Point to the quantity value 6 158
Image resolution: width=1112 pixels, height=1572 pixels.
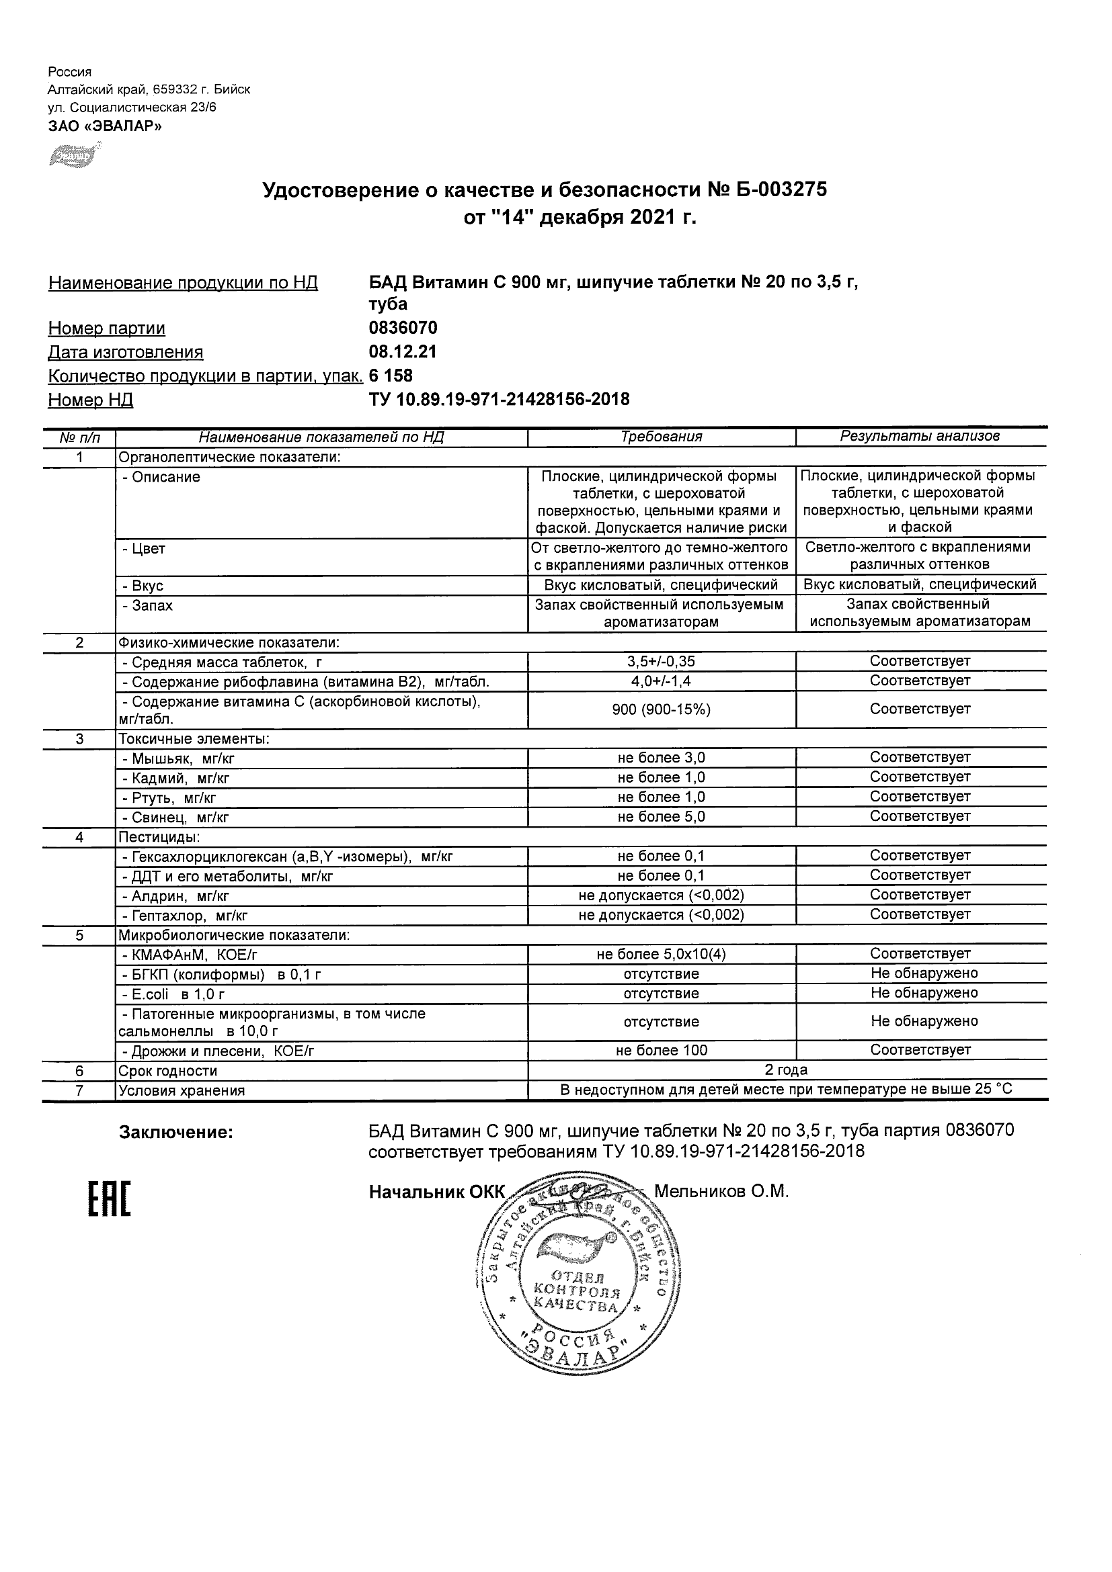[x=391, y=376]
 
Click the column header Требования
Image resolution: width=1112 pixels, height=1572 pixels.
[x=661, y=437]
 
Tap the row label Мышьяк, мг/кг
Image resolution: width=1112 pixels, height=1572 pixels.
[x=178, y=758]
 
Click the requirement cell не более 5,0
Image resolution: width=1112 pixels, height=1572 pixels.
[x=661, y=817]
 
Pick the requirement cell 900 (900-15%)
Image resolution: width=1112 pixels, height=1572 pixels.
[x=661, y=709]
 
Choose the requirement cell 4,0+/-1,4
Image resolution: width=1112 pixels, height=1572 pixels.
[x=661, y=681]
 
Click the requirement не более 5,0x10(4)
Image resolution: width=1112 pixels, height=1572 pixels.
[x=661, y=954]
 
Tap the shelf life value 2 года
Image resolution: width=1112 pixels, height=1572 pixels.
[x=786, y=1070]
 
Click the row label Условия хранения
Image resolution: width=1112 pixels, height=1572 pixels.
[x=182, y=1091]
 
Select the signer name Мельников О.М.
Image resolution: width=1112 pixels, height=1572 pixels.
[x=721, y=1191]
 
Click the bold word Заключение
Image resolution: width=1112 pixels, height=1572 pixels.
[x=176, y=1133]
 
